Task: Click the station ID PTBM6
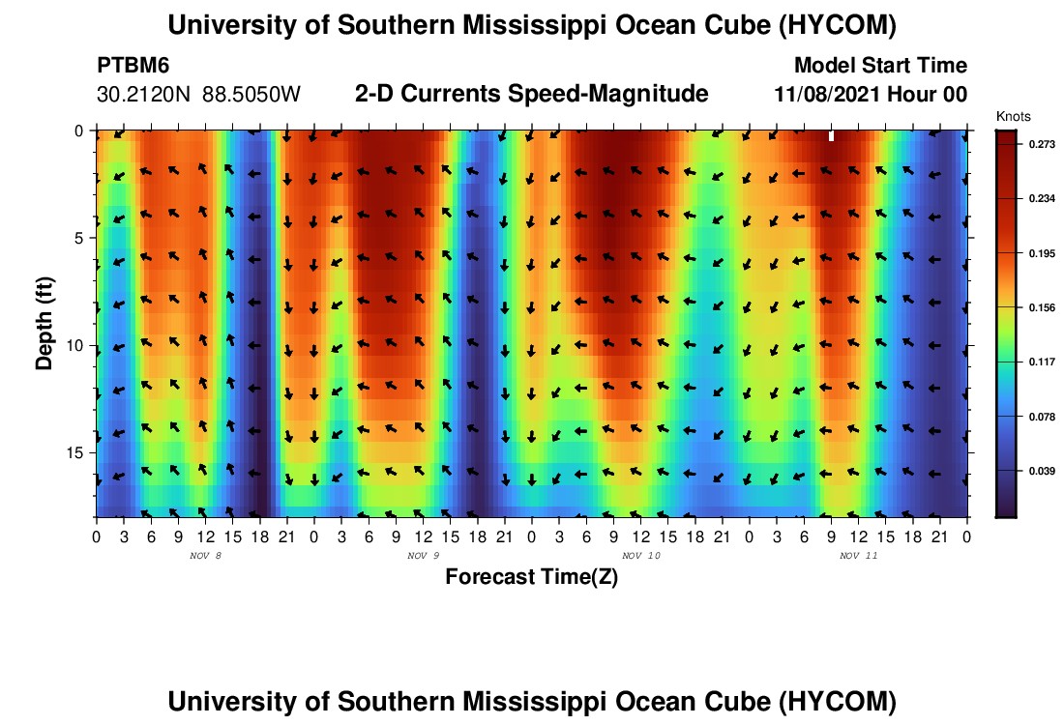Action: pos(133,66)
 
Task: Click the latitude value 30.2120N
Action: pos(144,95)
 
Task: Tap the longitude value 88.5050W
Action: pos(251,95)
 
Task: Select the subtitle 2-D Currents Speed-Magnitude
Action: pos(531,94)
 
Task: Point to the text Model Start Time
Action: pos(881,66)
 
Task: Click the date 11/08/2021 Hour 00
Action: pos(871,95)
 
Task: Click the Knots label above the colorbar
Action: pos(1013,117)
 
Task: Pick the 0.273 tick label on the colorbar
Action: pos(1043,144)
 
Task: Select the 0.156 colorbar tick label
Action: pos(1043,308)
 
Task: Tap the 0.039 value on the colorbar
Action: pos(1043,472)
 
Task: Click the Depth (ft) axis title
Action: pos(44,324)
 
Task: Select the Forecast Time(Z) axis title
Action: pos(531,577)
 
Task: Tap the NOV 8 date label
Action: pos(206,556)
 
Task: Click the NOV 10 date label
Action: pos(641,556)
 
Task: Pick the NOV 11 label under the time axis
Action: pos(858,556)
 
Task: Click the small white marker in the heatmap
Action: pos(831,136)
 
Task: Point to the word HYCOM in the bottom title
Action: pos(837,702)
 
